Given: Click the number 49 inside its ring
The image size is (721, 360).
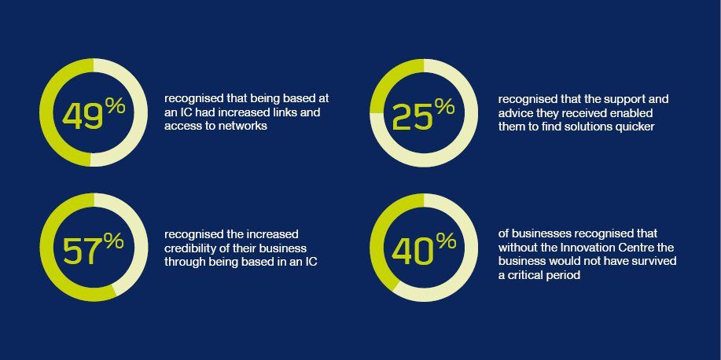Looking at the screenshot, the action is (83, 117).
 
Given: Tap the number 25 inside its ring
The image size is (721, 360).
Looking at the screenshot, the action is (413, 117).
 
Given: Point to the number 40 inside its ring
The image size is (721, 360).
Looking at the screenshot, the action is (413, 252).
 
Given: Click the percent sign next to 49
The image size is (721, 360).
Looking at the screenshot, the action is (115, 107).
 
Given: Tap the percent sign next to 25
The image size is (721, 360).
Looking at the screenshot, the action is (444, 107).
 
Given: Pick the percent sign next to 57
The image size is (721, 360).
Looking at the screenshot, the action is (114, 241).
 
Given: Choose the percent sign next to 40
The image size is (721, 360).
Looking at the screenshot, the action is (445, 241).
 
